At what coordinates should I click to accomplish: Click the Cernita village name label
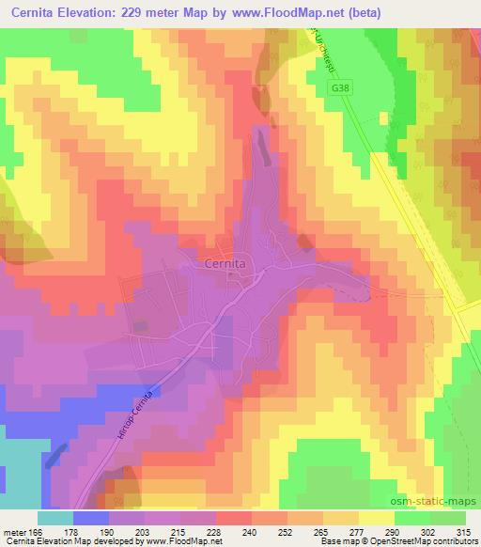click(x=225, y=265)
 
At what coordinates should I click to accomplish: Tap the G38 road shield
click(x=342, y=86)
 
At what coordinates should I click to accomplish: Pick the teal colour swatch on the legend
click(x=54, y=518)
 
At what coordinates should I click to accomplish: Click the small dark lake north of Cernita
click(x=261, y=141)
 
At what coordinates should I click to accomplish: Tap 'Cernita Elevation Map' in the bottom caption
click(x=42, y=541)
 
